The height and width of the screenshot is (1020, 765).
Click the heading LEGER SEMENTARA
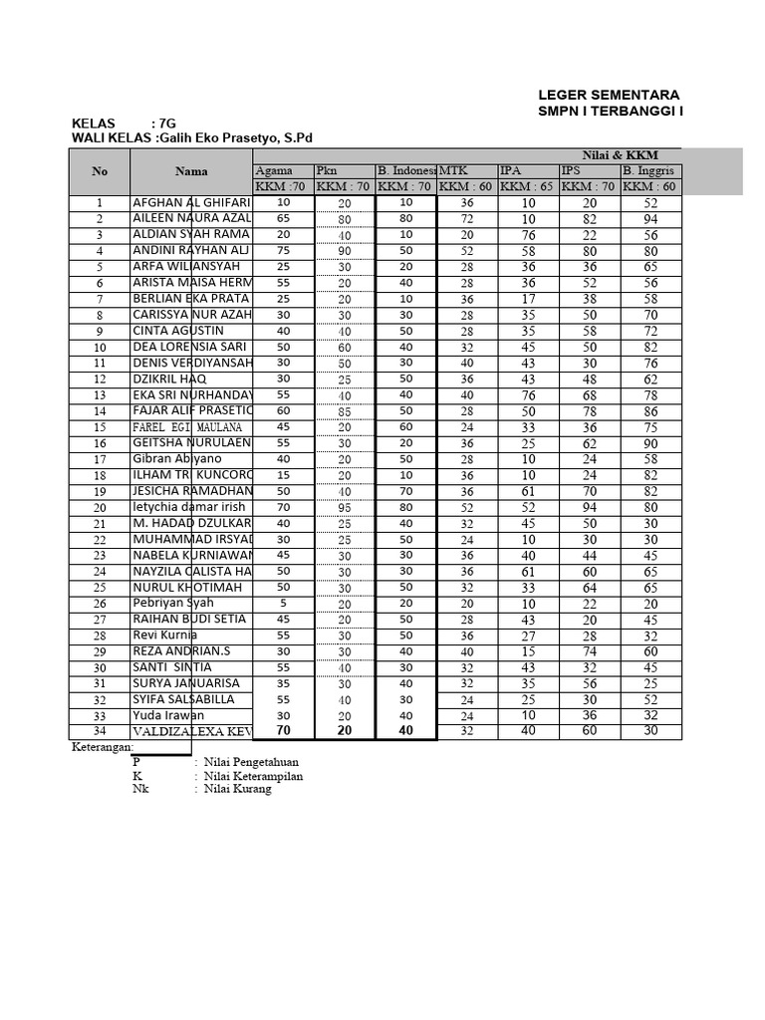[x=610, y=96]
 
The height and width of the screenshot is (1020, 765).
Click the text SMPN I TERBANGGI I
[x=610, y=113]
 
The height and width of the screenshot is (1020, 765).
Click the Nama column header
[x=191, y=171]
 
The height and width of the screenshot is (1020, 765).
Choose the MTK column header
[x=453, y=170]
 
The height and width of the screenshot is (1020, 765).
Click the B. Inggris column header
[x=648, y=170]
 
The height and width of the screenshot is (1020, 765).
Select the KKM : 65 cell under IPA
[x=528, y=186]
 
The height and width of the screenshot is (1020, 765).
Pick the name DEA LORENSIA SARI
[x=188, y=347]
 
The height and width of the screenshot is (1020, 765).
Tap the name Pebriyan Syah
[x=172, y=603]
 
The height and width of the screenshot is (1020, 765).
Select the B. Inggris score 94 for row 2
[x=650, y=219]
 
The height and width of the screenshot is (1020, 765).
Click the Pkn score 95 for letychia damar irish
[x=345, y=507]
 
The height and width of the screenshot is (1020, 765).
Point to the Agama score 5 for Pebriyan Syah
[x=284, y=603]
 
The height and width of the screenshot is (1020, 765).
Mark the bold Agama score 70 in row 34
[x=284, y=731]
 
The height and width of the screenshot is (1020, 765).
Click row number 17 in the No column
[x=100, y=459]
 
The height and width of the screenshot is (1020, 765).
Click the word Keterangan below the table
[x=102, y=746]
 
